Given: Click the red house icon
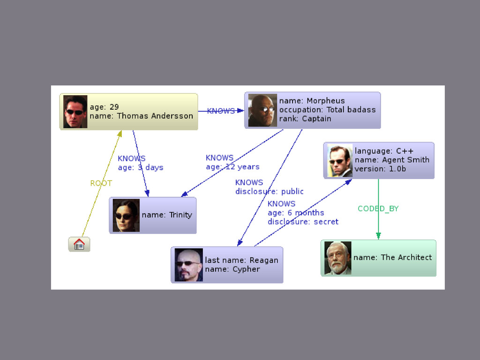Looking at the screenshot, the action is click(x=79, y=244).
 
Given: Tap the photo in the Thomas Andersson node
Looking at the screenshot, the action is click(x=75, y=112).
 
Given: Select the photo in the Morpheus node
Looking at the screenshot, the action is click(x=262, y=110).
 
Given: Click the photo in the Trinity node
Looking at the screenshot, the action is click(x=126, y=215).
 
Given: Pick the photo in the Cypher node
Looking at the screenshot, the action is click(x=188, y=265).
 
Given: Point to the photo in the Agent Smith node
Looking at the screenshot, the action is click(x=339, y=160).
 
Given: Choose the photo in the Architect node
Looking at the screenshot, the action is click(x=337, y=258).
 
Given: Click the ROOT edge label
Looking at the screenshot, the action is click(x=101, y=183).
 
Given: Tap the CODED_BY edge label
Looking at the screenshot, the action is click(x=378, y=209).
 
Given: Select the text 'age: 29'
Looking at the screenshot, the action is click(x=104, y=107).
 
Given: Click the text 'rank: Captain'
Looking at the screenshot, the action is click(x=305, y=119).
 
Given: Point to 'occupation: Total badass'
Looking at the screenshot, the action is click(x=327, y=110).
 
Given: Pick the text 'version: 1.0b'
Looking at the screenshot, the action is click(x=380, y=169).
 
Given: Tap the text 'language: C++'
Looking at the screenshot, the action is click(x=384, y=151).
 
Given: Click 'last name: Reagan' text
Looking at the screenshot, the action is click(x=241, y=260).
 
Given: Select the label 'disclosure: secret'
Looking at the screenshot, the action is click(x=303, y=222).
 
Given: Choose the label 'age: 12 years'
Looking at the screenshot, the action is click(x=232, y=166).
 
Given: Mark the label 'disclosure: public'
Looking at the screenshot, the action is click(x=270, y=191).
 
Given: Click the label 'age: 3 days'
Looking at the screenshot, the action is click(x=141, y=167).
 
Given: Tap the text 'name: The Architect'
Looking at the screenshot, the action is click(x=392, y=257).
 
